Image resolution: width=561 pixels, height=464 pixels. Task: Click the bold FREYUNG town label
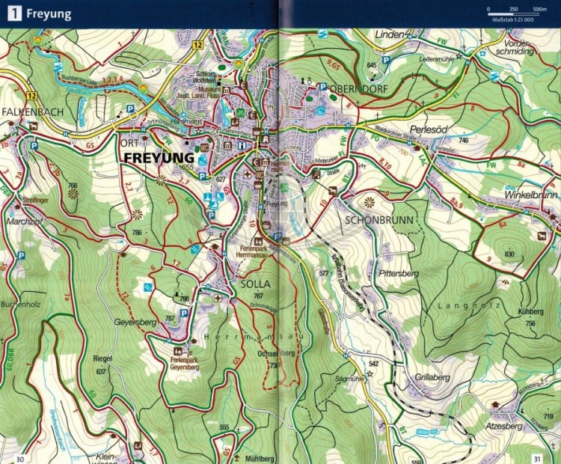tap(159, 159)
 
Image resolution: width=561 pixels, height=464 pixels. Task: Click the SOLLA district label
tap(255, 285)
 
